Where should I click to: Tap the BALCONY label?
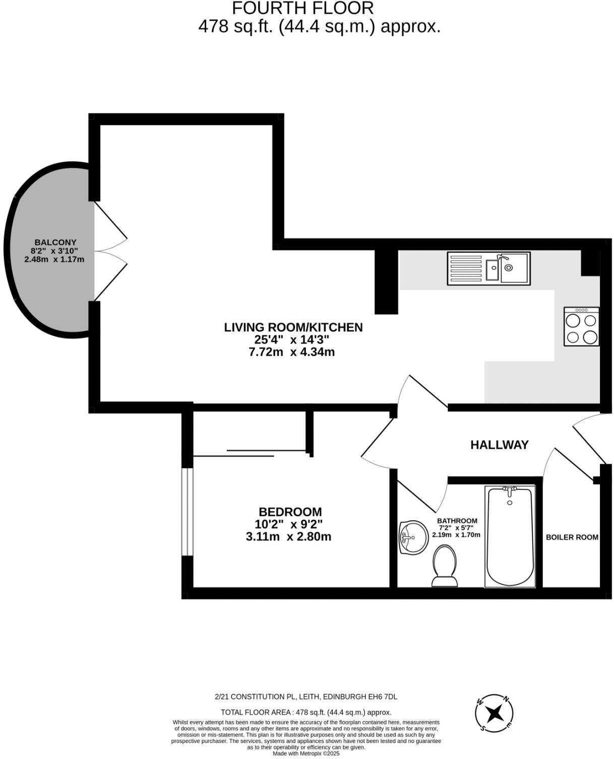tap(55, 242)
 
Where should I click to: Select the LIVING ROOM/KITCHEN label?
tap(293, 327)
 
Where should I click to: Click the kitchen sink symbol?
tap(488, 268)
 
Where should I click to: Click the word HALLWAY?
tap(499, 445)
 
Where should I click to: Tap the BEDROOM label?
tap(290, 512)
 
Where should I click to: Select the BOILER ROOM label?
tap(572, 537)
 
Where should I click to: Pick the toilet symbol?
tap(444, 568)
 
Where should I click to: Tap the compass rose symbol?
tap(496, 714)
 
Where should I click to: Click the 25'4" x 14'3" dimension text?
tap(292, 340)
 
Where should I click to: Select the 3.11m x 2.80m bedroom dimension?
tap(288, 536)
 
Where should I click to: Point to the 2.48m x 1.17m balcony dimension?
tap(54, 259)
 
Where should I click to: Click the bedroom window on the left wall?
tap(187, 512)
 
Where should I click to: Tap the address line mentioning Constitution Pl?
tap(306, 696)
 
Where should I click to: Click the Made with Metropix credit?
tap(306, 754)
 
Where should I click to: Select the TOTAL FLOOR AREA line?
tap(306, 712)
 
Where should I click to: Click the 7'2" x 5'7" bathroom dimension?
tap(457, 528)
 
